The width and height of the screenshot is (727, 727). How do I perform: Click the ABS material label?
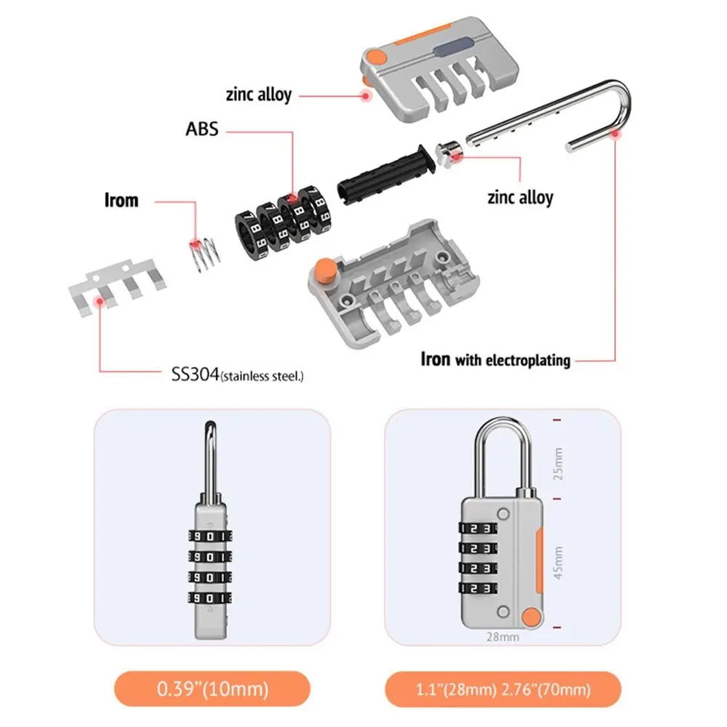click(x=201, y=129)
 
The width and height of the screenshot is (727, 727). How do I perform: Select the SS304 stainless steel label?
click(x=233, y=375)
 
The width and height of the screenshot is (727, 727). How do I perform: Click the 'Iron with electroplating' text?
click(x=495, y=359)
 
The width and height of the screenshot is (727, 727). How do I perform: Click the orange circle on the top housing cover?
click(x=376, y=56)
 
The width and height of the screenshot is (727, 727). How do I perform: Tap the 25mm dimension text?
click(x=558, y=463)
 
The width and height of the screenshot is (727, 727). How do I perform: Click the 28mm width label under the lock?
click(x=503, y=637)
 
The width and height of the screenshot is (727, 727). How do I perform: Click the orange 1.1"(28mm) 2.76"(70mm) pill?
click(x=503, y=688)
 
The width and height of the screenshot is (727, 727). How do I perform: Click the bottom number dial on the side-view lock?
click(x=209, y=599)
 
